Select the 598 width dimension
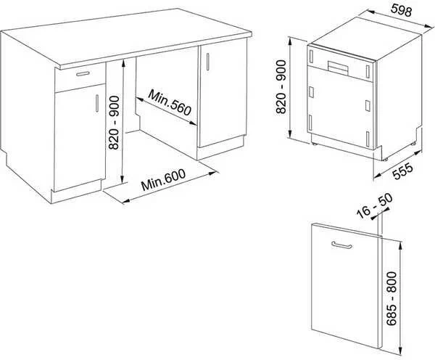(x=401, y=10)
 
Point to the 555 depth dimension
(x=403, y=171)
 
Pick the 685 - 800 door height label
(x=391, y=298)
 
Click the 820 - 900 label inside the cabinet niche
(x=114, y=123)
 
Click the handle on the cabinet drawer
(x=83, y=73)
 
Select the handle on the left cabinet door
(x=97, y=103)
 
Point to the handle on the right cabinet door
(x=207, y=62)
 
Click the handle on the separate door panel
(x=341, y=245)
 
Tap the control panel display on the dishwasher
(x=338, y=67)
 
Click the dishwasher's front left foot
(x=314, y=144)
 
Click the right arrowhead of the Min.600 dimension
(x=212, y=173)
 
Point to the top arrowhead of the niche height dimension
(x=123, y=63)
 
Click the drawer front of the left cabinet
(x=80, y=79)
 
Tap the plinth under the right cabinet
(x=221, y=148)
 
